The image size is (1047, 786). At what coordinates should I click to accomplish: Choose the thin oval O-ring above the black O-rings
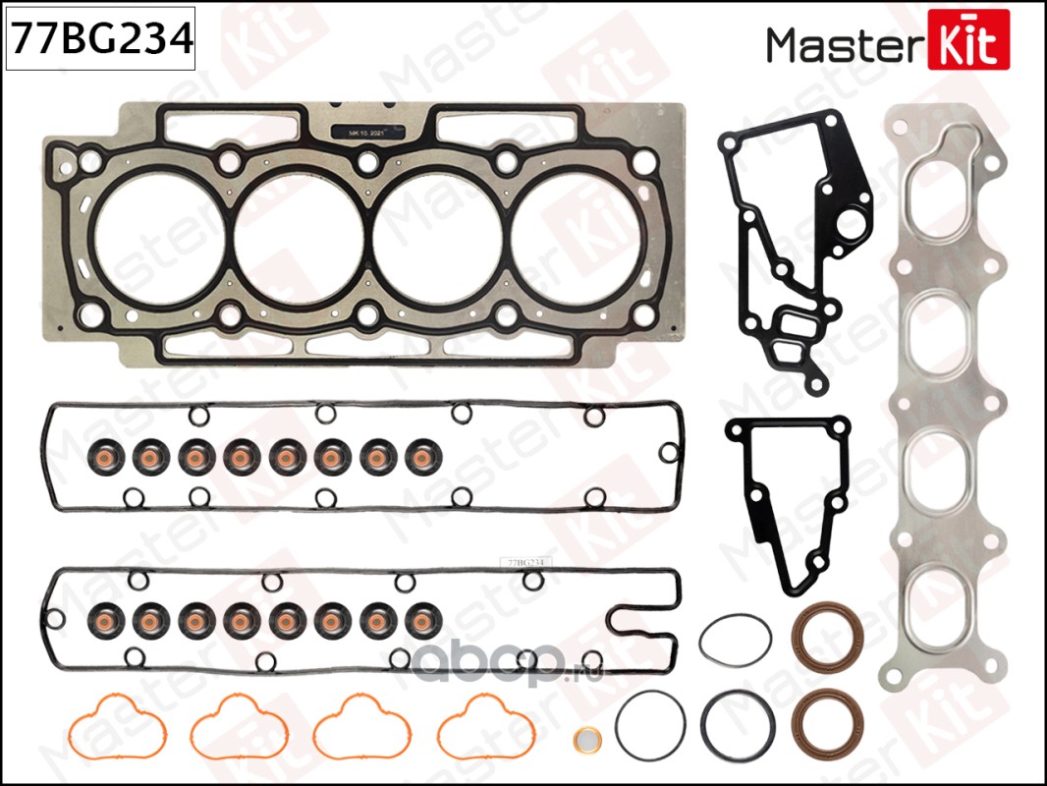[x=735, y=641]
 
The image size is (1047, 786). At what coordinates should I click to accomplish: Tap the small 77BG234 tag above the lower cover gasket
[x=525, y=561]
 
